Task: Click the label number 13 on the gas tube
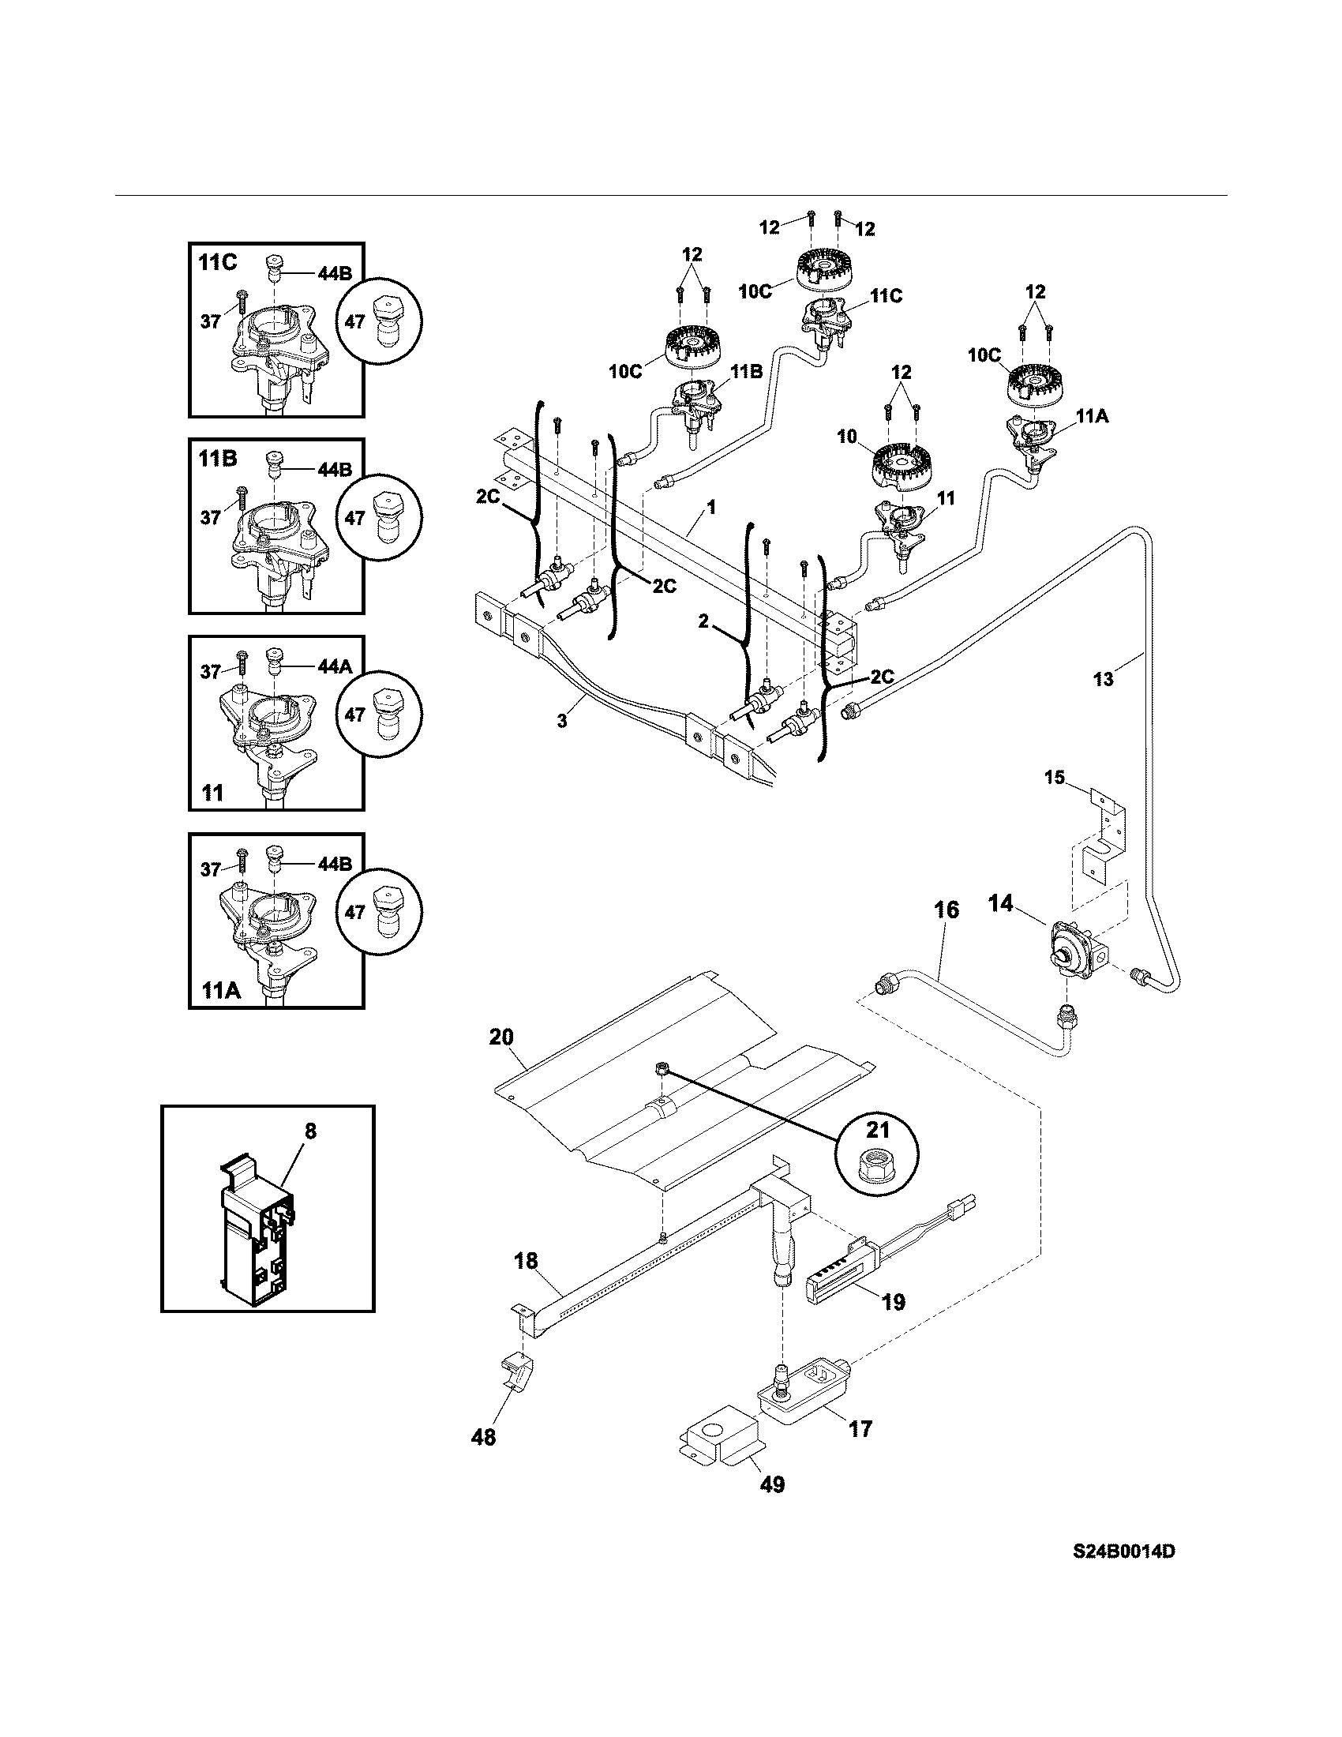[x=1104, y=679]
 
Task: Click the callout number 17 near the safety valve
[x=860, y=1428]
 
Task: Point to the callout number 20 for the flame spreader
[x=501, y=1037]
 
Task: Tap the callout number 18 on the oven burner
[x=526, y=1261]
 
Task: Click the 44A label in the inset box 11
[x=334, y=667]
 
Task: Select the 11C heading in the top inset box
[x=218, y=262]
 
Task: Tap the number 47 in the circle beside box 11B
[x=354, y=518]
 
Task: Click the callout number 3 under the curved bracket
[x=562, y=722]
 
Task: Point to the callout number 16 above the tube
[x=946, y=910]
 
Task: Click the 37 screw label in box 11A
[x=210, y=869]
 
